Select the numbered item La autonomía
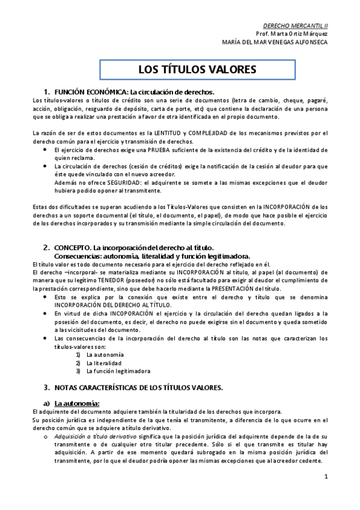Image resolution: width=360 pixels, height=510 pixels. [105, 354]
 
